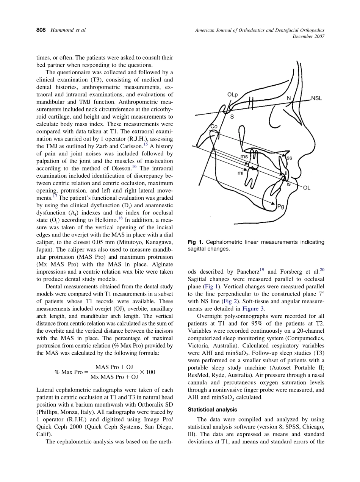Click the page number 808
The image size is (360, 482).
click(x=38, y=30)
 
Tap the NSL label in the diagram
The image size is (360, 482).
click(x=316, y=98)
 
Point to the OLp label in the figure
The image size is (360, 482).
click(x=232, y=94)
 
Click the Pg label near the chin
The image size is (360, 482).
click(x=280, y=207)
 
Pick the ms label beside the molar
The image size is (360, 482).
click(x=244, y=156)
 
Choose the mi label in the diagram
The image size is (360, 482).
click(x=240, y=172)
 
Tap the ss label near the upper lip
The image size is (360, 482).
click(x=289, y=157)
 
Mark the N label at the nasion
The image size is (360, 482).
click(x=289, y=98)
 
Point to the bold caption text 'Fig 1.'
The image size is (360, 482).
click(x=196, y=242)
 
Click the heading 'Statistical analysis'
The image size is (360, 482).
click(x=212, y=410)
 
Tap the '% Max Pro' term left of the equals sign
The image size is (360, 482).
click(x=68, y=372)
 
